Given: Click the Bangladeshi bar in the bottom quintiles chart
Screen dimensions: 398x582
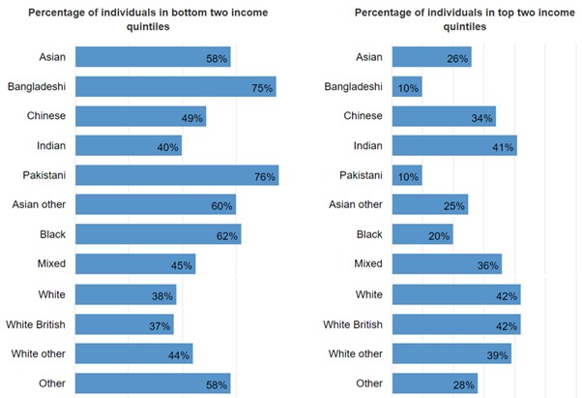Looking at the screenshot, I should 174,87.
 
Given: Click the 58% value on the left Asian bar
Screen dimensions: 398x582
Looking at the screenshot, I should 217,59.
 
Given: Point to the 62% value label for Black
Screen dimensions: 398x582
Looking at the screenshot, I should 227,235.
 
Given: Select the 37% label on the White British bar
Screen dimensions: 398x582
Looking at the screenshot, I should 160,325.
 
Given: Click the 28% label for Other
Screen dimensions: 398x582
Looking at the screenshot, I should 464,384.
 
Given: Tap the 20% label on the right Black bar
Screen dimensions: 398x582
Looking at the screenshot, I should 440,235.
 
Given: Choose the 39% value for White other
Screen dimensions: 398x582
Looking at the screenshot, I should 498,354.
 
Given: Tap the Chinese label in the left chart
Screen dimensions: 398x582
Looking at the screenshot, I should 45,116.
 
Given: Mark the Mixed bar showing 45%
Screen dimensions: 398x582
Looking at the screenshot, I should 134,263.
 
